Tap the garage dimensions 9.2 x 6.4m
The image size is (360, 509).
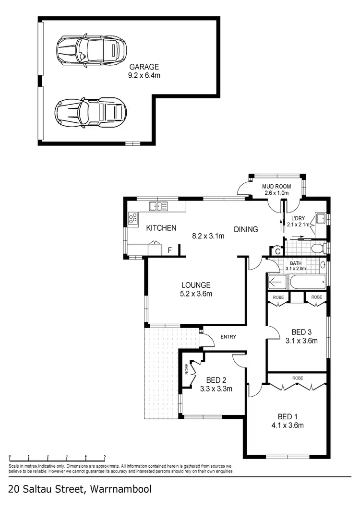(x=144, y=75)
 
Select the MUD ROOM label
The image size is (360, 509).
(x=276, y=186)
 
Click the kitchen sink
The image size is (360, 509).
(x=158, y=206)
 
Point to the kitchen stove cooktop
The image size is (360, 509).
(x=132, y=219)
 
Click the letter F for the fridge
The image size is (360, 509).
(x=169, y=250)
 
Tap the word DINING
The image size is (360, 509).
(x=246, y=229)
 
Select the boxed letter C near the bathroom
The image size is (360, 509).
(x=277, y=251)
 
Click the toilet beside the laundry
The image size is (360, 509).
(x=317, y=249)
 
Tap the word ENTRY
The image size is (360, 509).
(x=228, y=337)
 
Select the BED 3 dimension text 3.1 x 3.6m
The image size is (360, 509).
(x=302, y=341)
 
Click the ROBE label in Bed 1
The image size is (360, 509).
(x=298, y=378)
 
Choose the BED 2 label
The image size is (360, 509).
(x=216, y=380)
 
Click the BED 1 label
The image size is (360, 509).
(x=291, y=416)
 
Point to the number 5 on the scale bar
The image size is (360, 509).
(x=105, y=457)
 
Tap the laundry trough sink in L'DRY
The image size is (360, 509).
(x=320, y=219)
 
